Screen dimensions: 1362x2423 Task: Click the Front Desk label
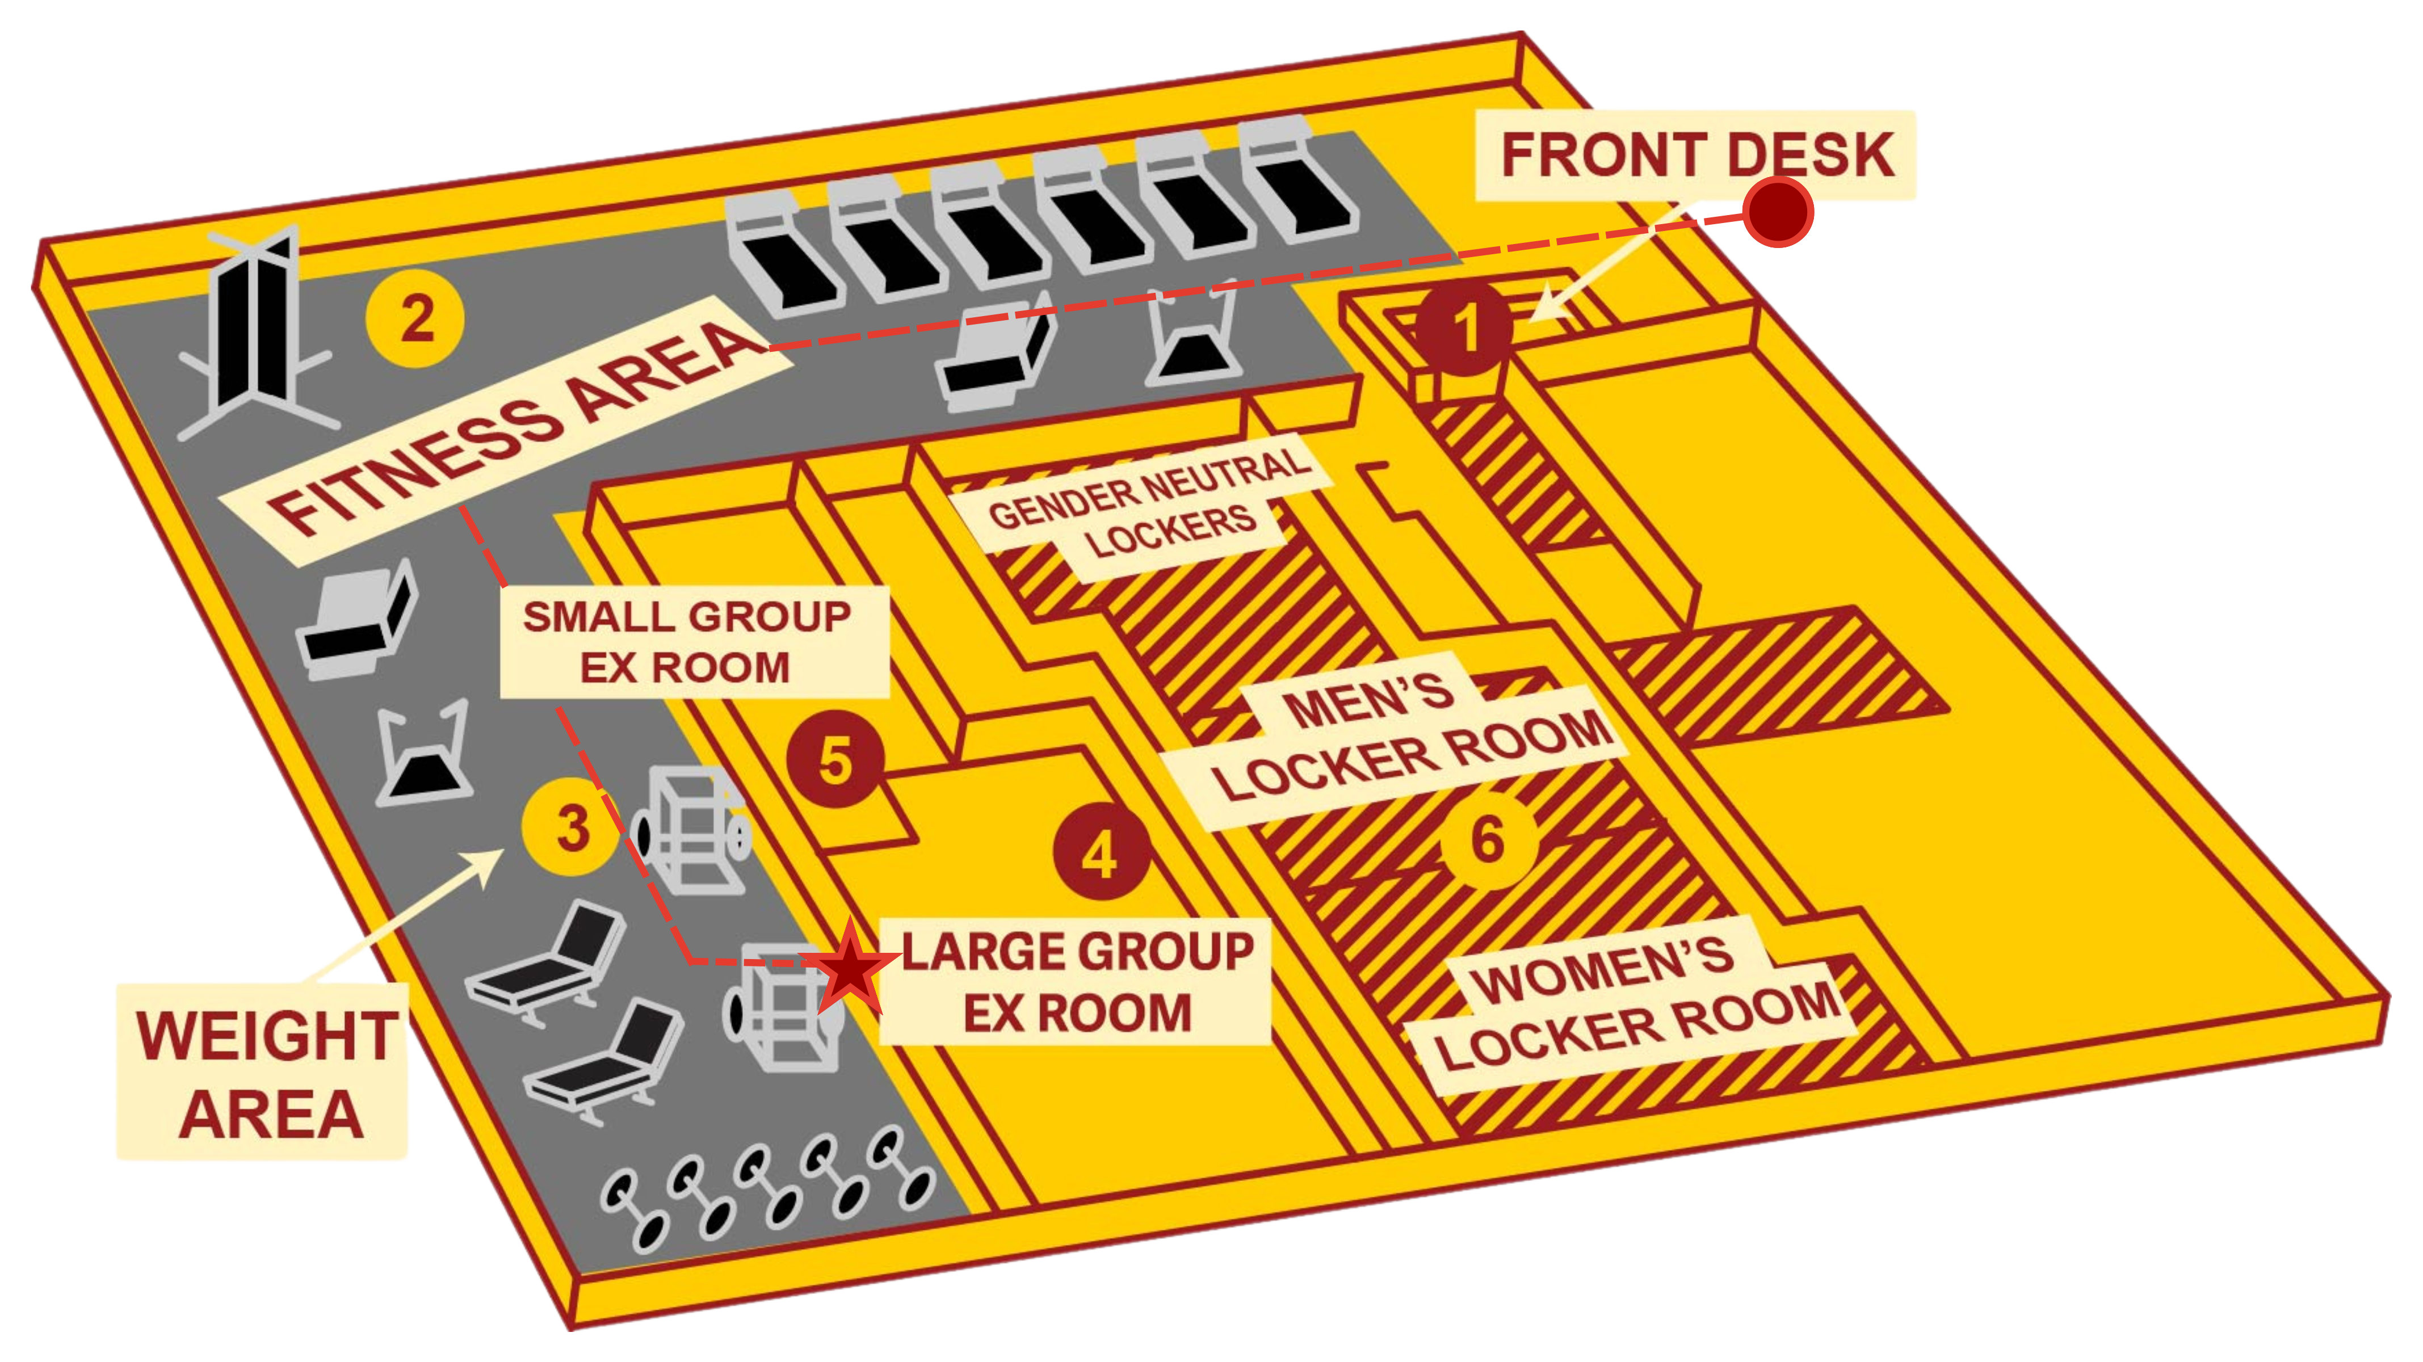[1696, 155]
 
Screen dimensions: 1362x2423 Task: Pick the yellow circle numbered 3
[571, 828]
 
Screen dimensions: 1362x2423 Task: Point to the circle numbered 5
[835, 759]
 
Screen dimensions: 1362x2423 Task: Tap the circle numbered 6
[1488, 839]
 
